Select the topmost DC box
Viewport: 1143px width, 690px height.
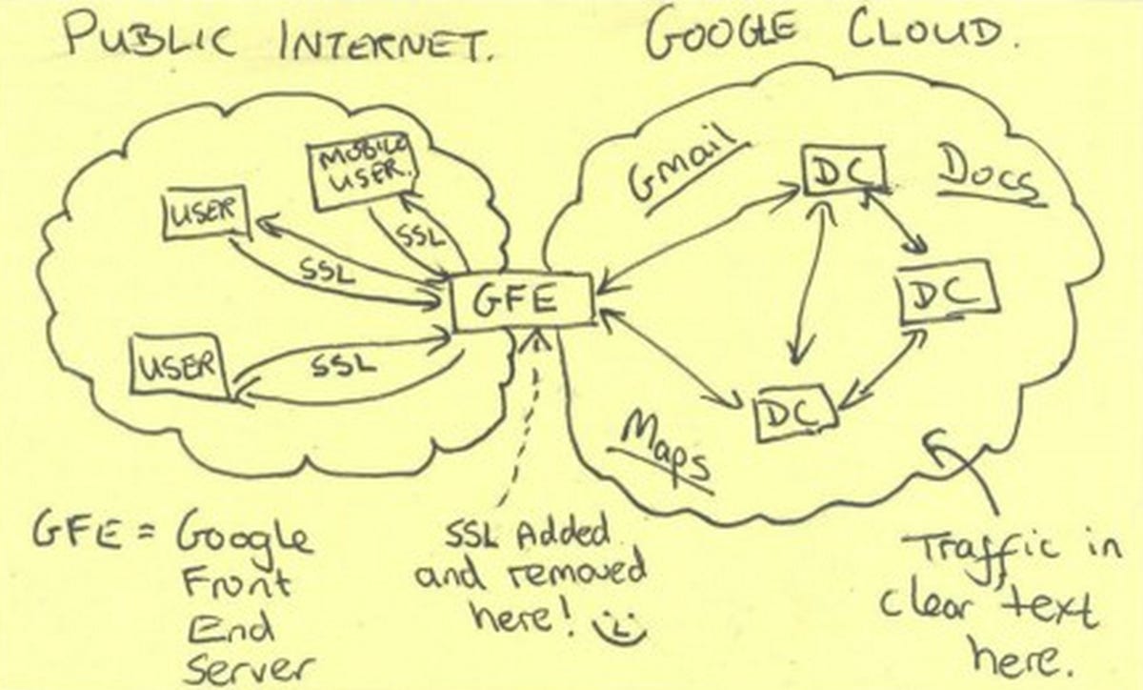coord(843,169)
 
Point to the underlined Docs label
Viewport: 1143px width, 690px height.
coord(988,177)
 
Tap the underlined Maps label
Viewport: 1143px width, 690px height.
coord(663,453)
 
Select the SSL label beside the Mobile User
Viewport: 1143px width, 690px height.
coord(419,236)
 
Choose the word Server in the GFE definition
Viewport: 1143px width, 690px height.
coord(250,668)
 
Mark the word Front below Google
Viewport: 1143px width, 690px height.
coord(237,583)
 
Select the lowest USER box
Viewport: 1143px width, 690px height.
coord(179,365)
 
